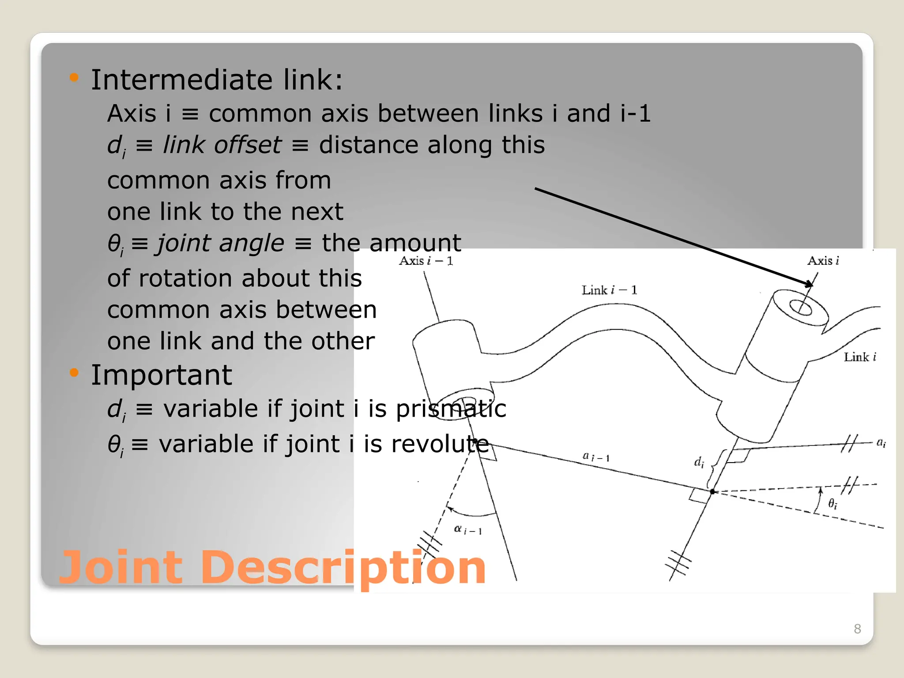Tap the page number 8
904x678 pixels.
coord(857,629)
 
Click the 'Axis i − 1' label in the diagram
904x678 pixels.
coord(426,261)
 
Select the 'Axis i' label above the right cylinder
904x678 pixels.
coord(823,261)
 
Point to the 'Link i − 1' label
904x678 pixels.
coord(609,290)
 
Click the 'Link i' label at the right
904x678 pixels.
coord(859,357)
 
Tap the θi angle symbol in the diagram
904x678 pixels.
coord(832,504)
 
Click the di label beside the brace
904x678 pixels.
coord(699,462)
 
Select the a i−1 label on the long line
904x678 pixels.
coord(596,456)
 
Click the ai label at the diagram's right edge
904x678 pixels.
coord(881,442)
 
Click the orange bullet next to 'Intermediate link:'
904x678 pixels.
coord(74,78)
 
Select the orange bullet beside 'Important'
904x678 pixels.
coord(74,373)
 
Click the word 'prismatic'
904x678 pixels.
coord(450,409)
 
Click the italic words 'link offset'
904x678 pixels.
coord(222,145)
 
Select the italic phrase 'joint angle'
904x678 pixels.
coord(221,243)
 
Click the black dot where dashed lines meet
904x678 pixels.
coord(712,491)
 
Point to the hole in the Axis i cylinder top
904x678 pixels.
coord(800,308)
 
